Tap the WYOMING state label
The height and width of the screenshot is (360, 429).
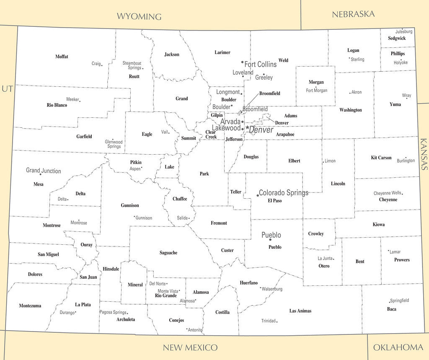(x=139, y=17)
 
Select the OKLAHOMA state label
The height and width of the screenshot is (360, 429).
(x=398, y=347)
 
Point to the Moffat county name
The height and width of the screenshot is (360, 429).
(x=62, y=57)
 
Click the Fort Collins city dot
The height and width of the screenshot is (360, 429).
(x=242, y=62)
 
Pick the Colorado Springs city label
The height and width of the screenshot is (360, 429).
(x=284, y=193)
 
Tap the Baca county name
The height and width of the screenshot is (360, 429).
(x=391, y=309)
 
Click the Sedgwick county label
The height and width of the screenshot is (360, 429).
(x=396, y=38)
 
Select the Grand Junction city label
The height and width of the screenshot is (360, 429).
(x=43, y=171)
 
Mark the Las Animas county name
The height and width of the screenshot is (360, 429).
(x=300, y=311)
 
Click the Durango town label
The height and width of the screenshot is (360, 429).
(x=67, y=313)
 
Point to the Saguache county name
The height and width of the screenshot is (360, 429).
(x=168, y=253)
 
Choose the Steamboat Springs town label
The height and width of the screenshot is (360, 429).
(x=132, y=65)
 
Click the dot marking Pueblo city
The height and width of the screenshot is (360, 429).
(x=270, y=239)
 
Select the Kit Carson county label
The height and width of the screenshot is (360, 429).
(x=381, y=158)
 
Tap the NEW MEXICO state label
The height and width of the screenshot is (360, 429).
(x=190, y=347)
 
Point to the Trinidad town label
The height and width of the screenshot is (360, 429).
(x=268, y=321)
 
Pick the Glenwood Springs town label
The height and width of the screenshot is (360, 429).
(x=114, y=144)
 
